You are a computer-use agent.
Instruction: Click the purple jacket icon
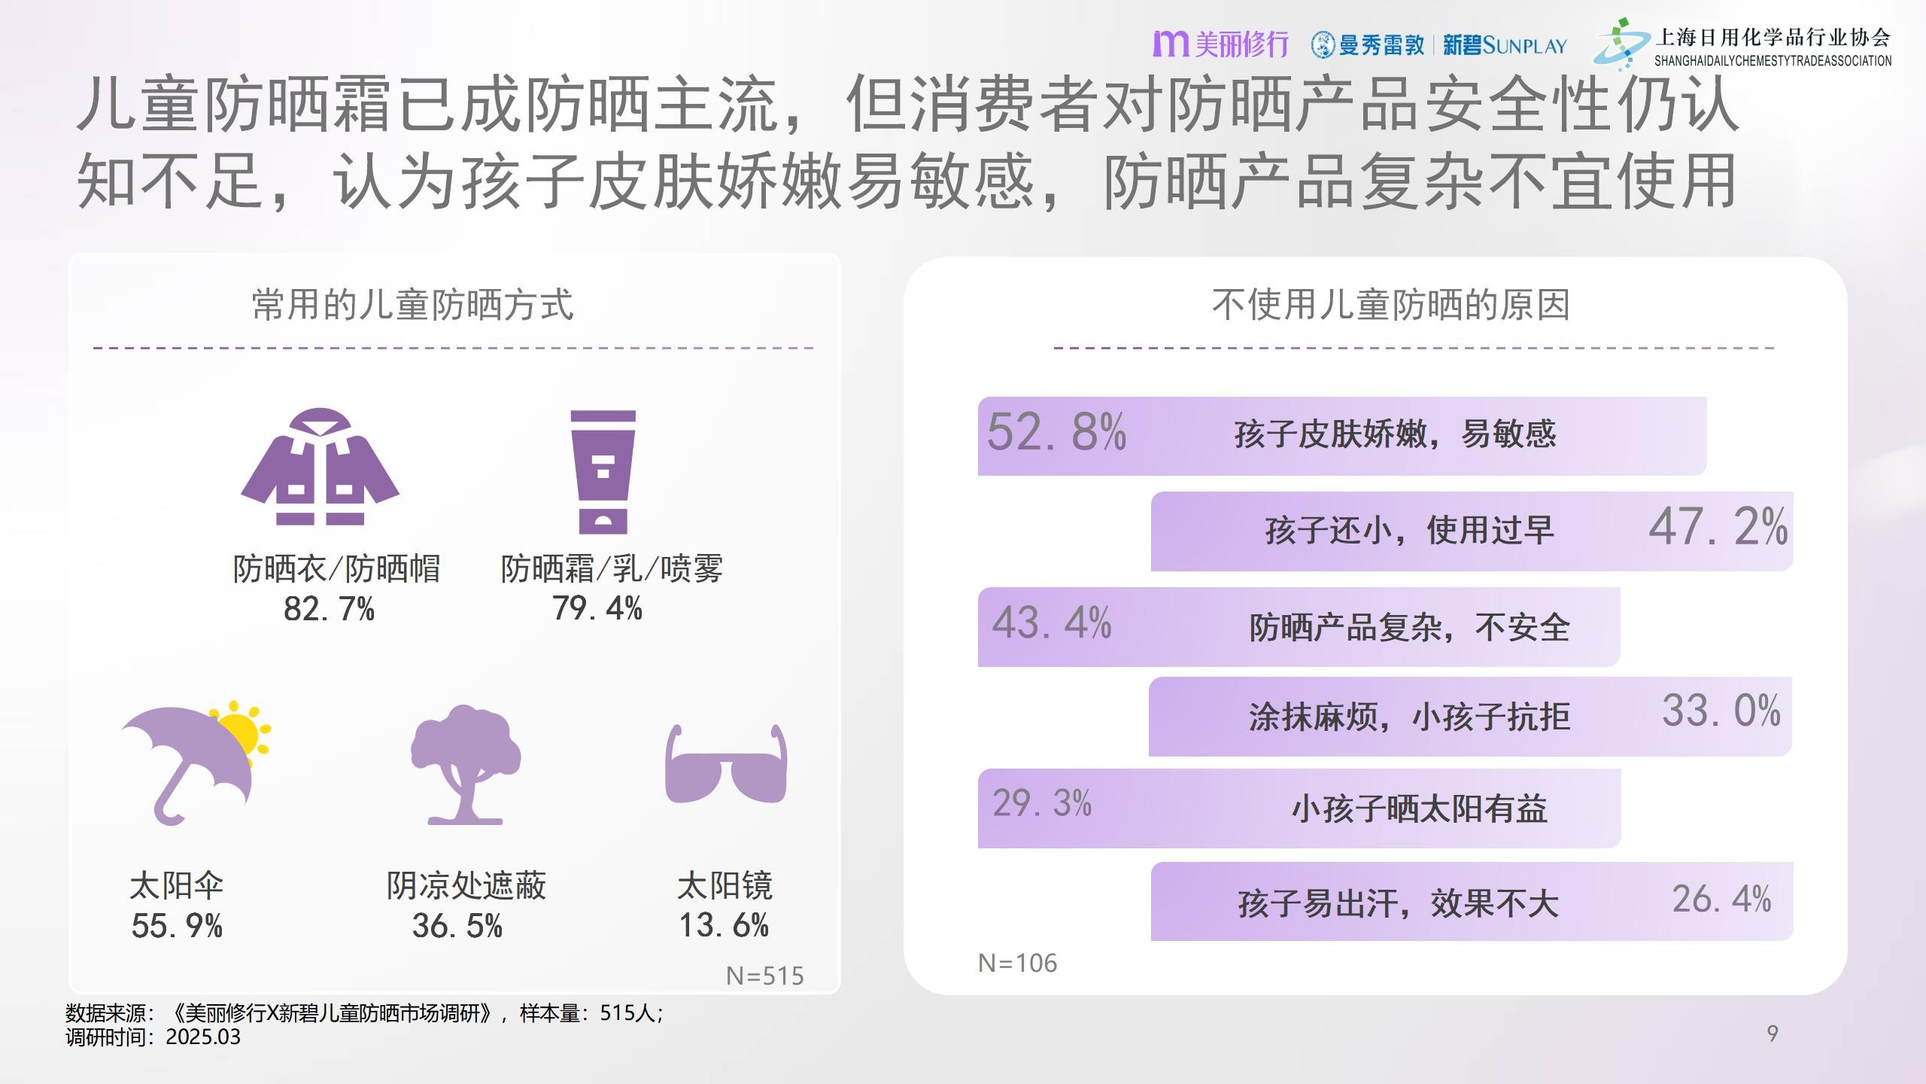[320, 467]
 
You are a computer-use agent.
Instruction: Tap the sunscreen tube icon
[603, 472]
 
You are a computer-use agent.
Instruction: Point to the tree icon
[465, 764]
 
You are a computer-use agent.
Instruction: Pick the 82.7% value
[329, 609]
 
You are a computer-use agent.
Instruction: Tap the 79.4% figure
[597, 608]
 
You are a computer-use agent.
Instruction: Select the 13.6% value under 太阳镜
[724, 925]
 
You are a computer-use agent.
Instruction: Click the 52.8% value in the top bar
[1056, 433]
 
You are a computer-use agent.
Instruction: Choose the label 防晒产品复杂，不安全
[1409, 627]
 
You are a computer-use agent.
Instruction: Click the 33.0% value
[1721, 711]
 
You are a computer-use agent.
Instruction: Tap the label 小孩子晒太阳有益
[1419, 809]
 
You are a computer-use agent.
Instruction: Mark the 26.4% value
[1721, 899]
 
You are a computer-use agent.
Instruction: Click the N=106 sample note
[1017, 963]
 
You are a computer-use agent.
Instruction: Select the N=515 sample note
[764, 976]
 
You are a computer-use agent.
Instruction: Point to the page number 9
[1773, 1034]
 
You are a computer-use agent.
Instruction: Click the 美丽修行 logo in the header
[1220, 44]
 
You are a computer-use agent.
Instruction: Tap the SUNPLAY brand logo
[1505, 46]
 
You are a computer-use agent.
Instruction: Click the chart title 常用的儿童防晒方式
[412, 305]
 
